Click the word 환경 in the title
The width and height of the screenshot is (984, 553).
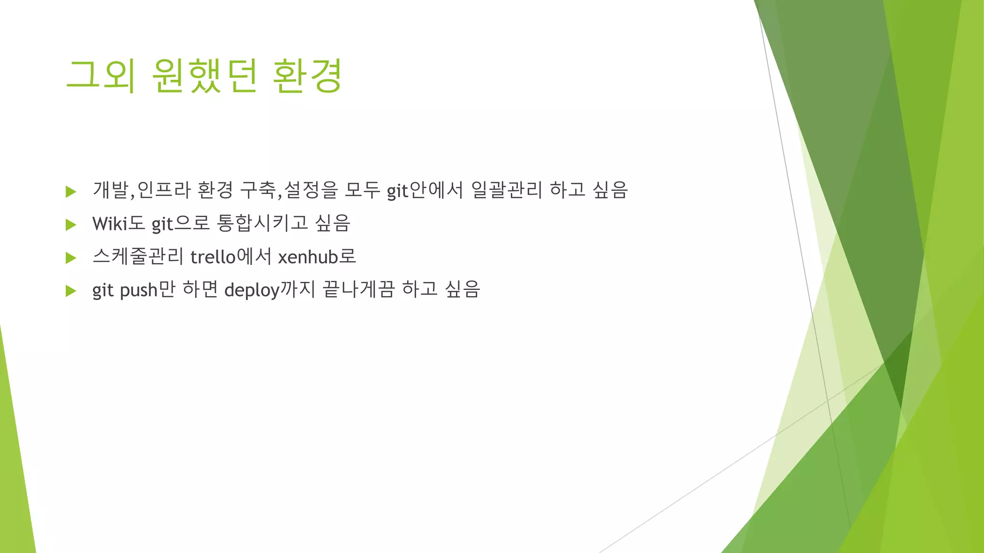click(307, 76)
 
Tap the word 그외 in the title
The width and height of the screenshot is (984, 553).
click(100, 76)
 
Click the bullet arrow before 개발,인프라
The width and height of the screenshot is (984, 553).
click(71, 192)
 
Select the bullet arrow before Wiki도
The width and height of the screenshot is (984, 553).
click(71, 225)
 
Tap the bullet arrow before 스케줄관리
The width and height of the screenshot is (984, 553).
click(71, 258)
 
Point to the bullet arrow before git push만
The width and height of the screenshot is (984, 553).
click(71, 290)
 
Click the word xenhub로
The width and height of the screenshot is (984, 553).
click(317, 257)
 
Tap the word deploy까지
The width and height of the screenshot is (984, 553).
click(270, 290)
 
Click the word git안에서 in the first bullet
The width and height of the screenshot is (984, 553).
click(425, 191)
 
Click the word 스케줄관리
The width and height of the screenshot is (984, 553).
click(138, 257)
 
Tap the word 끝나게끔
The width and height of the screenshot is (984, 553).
click(358, 290)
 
